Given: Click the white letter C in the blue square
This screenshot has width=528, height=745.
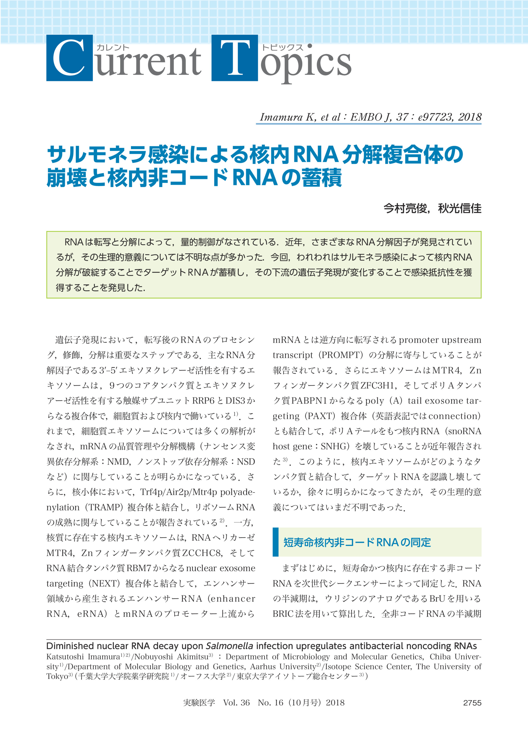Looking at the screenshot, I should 69,58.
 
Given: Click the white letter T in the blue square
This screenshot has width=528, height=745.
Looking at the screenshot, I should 234,58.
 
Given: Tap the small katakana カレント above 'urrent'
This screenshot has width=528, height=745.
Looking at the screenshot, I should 113,48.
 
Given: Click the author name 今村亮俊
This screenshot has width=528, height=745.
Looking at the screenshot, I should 405,208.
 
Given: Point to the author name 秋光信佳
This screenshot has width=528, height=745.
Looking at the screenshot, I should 460,208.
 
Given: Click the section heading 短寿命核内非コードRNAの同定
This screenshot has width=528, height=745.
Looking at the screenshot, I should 357,542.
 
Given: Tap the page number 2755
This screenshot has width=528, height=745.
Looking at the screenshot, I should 472,703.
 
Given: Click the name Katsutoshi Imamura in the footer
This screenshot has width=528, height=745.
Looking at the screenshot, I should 83,657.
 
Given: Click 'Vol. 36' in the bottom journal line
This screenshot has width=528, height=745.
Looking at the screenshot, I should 236,703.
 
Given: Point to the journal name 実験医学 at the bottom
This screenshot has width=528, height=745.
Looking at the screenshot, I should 199,703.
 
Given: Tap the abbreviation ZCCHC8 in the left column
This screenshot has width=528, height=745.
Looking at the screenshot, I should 202,553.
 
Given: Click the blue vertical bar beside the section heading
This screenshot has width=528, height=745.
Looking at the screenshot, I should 275,542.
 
